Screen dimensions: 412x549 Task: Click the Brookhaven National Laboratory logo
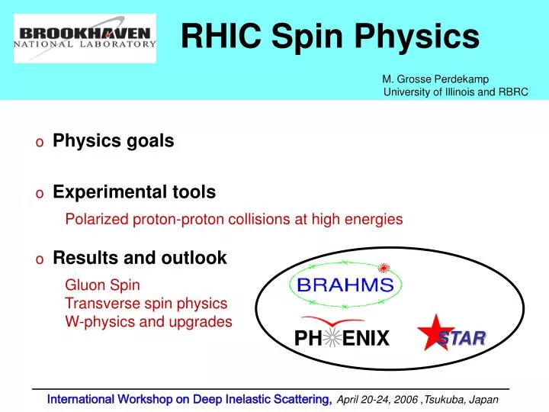(85, 37)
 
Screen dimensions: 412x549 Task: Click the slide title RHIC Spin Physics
(329, 35)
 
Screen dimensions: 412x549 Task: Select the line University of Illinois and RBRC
(455, 92)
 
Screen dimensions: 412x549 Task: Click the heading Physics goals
(113, 141)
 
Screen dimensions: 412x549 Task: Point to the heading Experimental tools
(133, 192)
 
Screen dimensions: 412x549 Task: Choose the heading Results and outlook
(140, 258)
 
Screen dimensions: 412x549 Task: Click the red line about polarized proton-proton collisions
(233, 220)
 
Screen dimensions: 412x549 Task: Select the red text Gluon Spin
(102, 285)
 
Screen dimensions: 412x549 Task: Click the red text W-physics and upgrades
(149, 322)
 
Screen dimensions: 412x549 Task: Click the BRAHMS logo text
(345, 286)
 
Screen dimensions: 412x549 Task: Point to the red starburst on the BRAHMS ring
(385, 267)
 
